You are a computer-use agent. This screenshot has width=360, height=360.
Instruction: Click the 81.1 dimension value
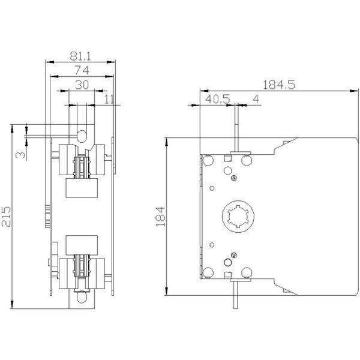click(80, 56)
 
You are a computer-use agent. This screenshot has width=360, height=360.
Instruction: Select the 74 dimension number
click(82, 70)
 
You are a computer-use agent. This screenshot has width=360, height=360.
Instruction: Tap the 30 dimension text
click(82, 85)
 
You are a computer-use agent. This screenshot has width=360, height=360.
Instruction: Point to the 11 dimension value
click(109, 99)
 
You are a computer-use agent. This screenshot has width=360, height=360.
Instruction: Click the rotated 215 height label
click(6, 217)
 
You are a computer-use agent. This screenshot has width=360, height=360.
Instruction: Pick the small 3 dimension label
click(20, 155)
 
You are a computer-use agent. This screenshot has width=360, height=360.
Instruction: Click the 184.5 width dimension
click(278, 85)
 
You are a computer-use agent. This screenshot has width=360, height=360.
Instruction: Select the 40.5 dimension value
click(217, 99)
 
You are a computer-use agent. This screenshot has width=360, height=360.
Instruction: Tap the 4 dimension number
click(256, 99)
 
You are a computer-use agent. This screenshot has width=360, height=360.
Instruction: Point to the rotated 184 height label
click(160, 217)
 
